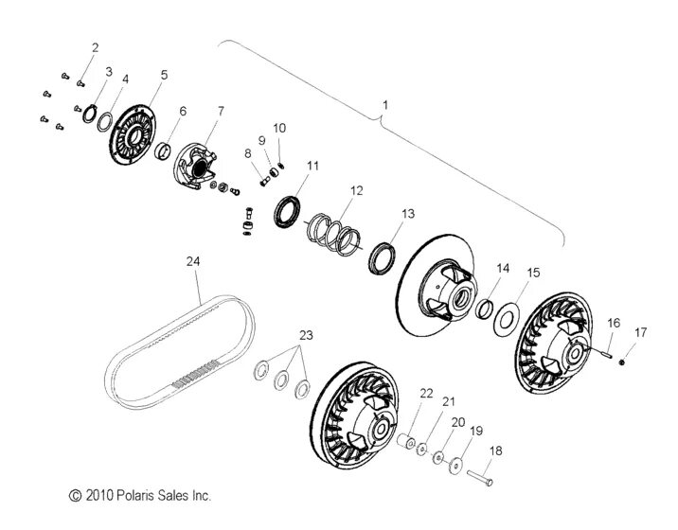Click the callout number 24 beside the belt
click(193, 262)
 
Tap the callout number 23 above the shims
click(306, 335)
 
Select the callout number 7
click(221, 111)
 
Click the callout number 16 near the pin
click(613, 323)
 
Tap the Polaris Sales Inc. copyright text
click(138, 495)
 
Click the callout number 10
click(279, 127)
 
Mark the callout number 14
click(503, 269)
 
